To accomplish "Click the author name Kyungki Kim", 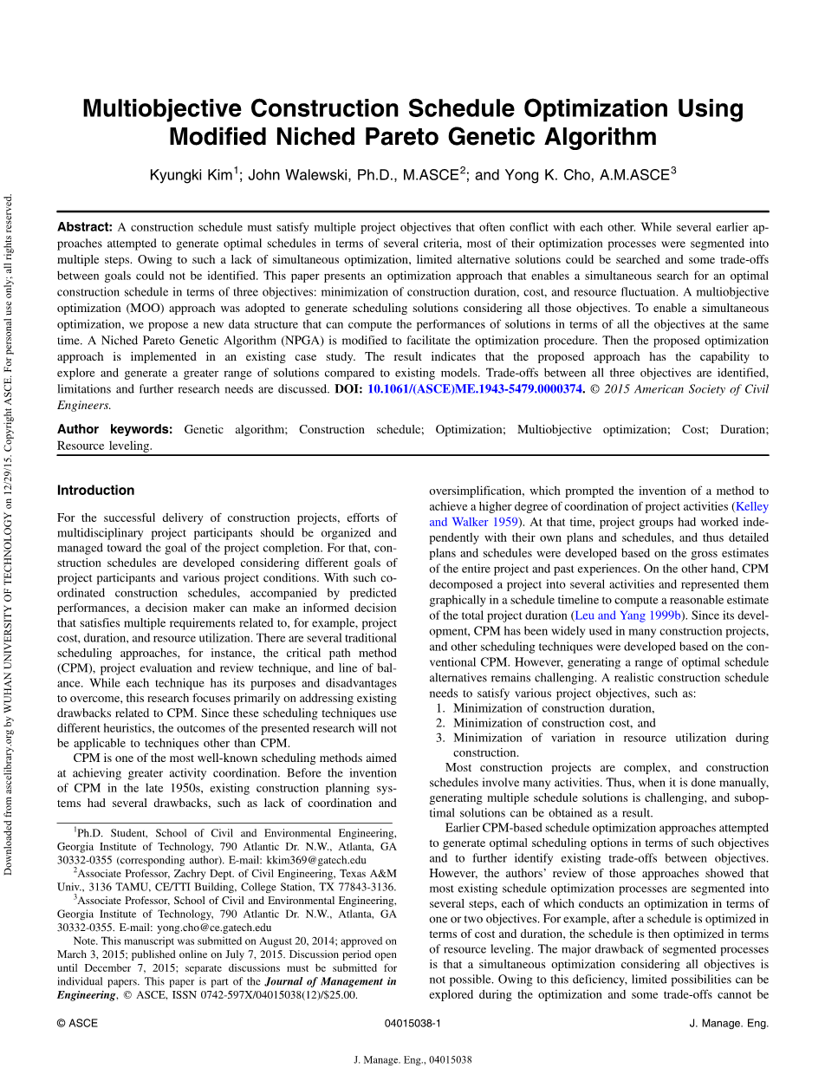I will [x=190, y=175].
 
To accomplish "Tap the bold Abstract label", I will [x=85, y=227].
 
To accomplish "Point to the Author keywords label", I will [x=114, y=429].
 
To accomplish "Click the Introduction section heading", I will [x=95, y=491].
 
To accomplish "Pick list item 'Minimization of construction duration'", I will [x=554, y=708].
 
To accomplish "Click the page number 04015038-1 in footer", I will [x=412, y=1024].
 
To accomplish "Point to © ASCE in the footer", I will [x=77, y=1024].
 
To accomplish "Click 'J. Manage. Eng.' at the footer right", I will [x=728, y=1024].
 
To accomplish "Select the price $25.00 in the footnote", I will [x=339, y=995].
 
